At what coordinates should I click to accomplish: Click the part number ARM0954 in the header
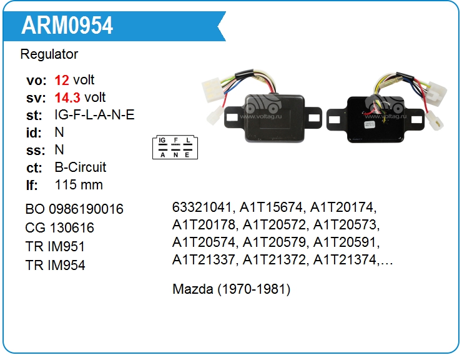pos(67,25)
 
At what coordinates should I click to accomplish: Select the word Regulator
pos(49,54)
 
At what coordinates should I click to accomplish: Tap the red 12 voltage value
pos(62,80)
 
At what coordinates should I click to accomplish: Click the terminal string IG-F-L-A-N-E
pos(94,115)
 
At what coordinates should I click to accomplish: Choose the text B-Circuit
pos(81,167)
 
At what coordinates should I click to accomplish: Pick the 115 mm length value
pos(79,185)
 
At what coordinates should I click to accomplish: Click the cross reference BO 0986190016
pos(74,209)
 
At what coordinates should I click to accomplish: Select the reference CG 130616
pos(60,227)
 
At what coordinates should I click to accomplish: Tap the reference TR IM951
pos(56,246)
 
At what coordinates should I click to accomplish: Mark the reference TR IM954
pos(56,265)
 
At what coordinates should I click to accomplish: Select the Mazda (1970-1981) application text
pos(231,289)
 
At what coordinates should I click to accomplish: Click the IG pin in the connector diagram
pos(162,140)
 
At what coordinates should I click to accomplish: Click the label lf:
pos(32,185)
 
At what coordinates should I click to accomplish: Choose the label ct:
pos(34,167)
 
